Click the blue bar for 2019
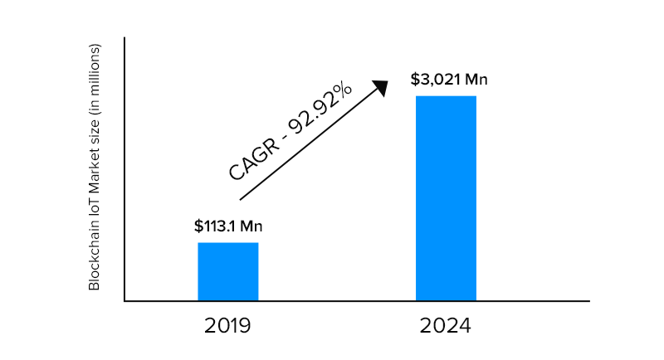click(227, 271)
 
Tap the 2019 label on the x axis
click(227, 325)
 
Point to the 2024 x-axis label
click(446, 325)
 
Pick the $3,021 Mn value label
click(448, 80)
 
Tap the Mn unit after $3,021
click(476, 80)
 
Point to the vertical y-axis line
click(124, 166)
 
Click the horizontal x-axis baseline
click(357, 301)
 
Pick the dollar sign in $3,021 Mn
click(414, 80)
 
